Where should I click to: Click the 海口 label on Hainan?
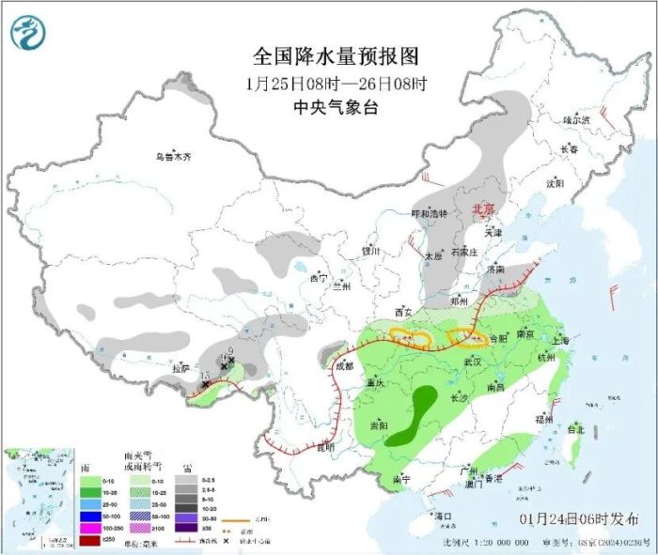(x=443, y=516)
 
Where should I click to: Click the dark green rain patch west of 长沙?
(x=415, y=413)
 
